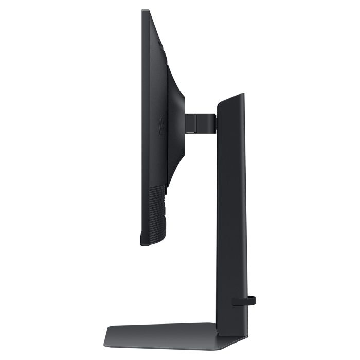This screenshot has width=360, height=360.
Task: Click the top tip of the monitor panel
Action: pos(146,11)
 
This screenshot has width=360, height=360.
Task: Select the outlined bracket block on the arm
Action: pos(191,122)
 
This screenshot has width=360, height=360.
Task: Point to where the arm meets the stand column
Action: pos(216,121)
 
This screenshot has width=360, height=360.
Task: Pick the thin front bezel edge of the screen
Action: pos(142,129)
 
